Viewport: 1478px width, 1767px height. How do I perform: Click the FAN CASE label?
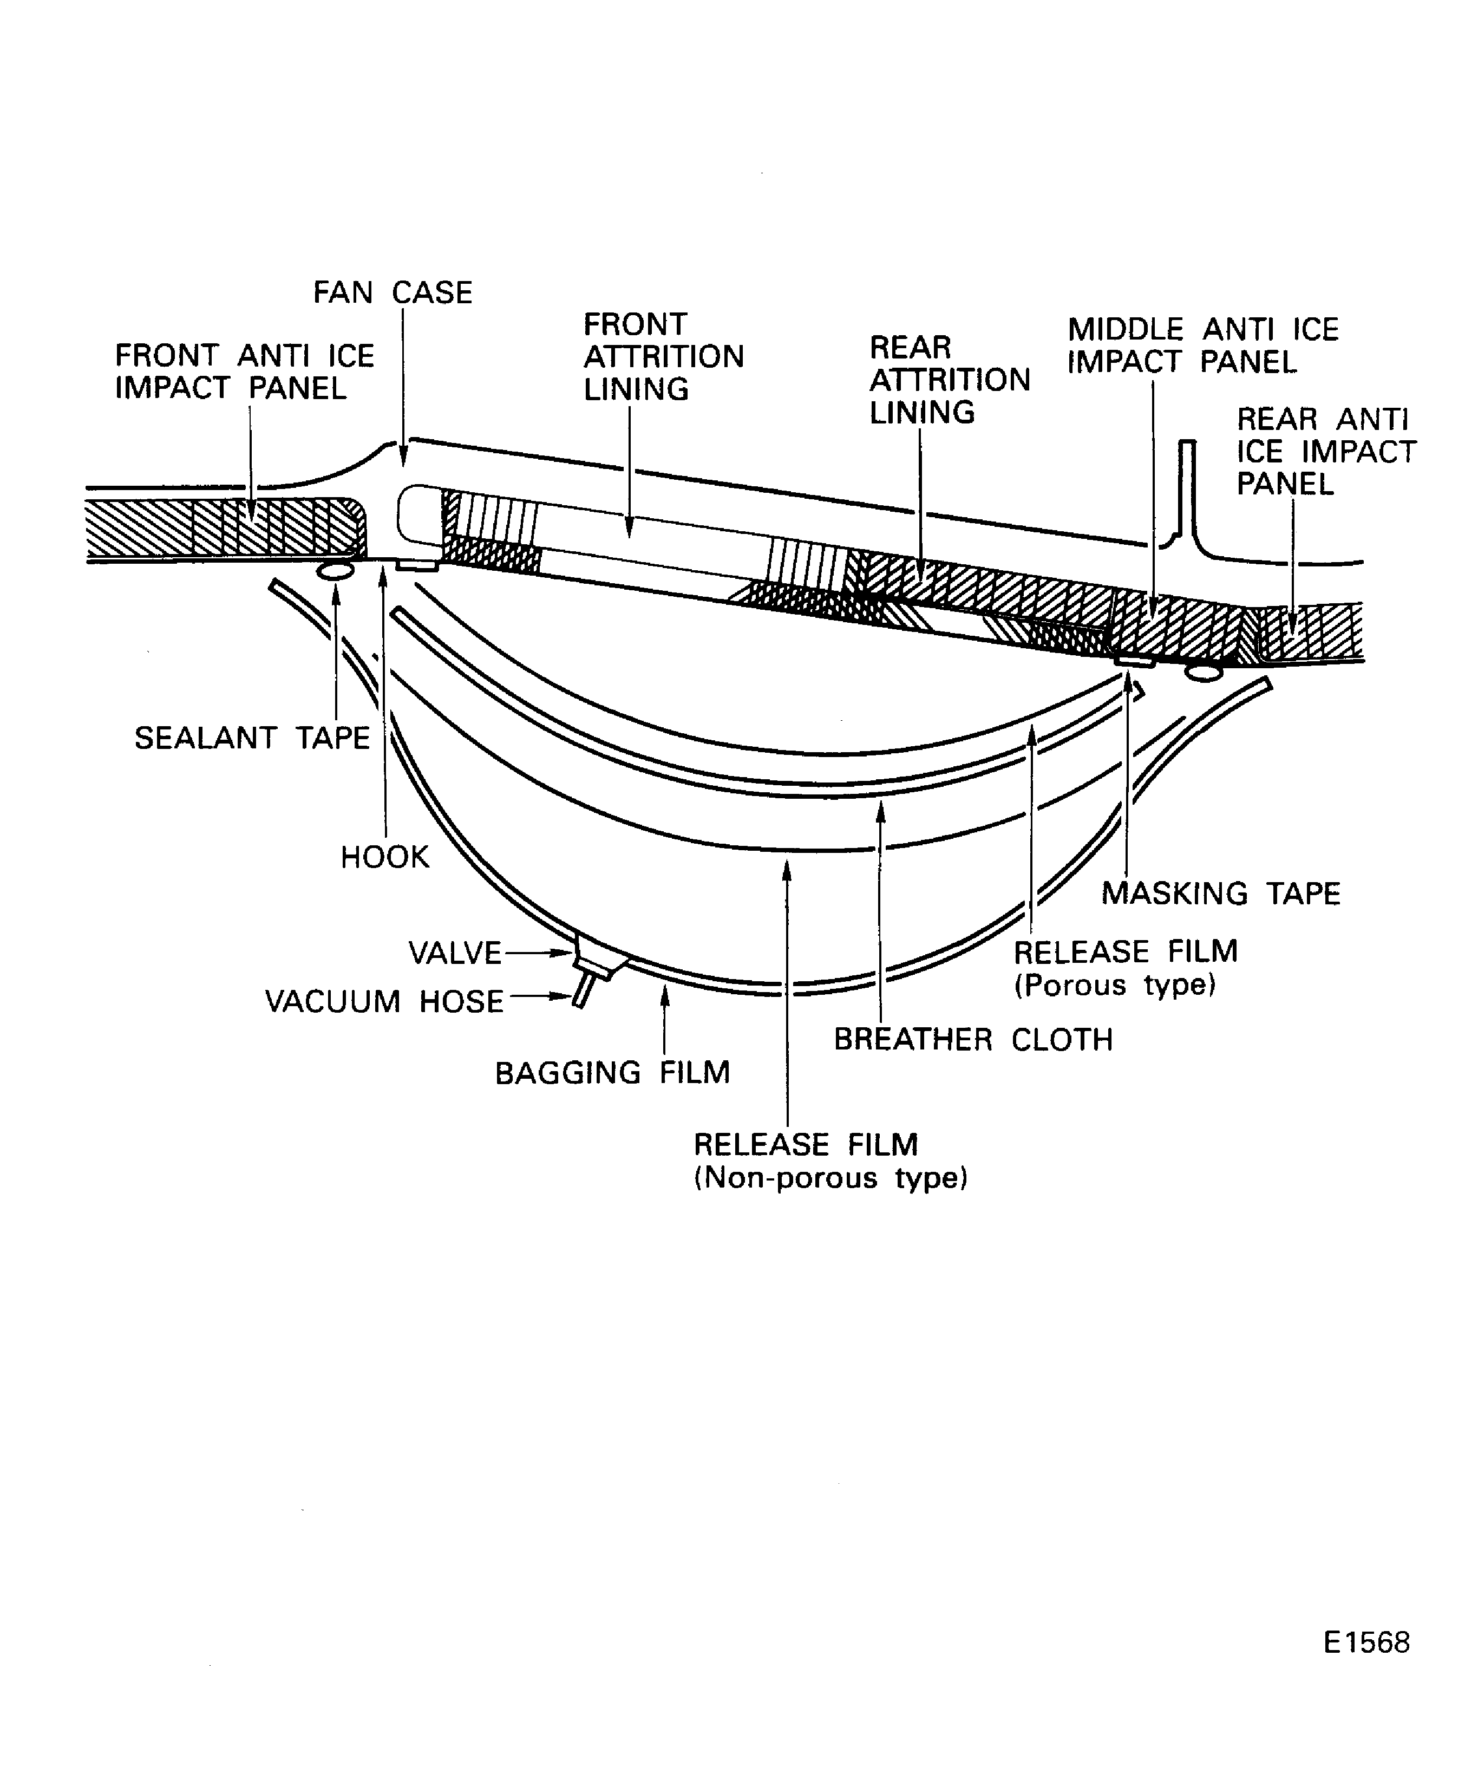[x=393, y=293]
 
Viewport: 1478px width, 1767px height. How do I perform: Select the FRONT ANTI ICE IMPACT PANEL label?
[x=244, y=372]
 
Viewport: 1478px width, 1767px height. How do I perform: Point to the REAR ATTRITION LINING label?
[x=949, y=380]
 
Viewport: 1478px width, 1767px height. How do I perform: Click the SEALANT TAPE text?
[x=252, y=738]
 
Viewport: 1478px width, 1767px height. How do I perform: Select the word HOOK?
[x=384, y=857]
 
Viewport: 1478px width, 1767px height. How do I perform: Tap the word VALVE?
[x=454, y=953]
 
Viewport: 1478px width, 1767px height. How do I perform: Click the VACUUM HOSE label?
[x=384, y=1001]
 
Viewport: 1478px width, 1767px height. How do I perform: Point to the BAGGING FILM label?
[x=612, y=1073]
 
